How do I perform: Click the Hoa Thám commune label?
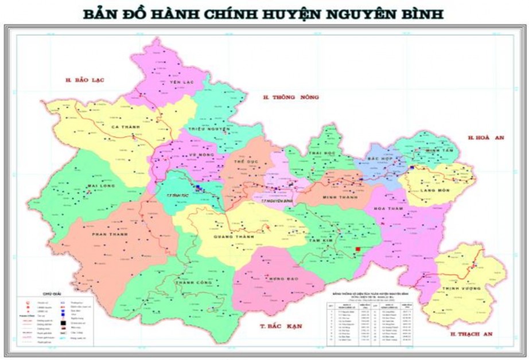point(385,209)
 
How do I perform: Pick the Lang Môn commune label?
point(435,190)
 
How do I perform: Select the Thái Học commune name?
point(321,154)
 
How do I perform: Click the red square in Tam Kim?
point(359,249)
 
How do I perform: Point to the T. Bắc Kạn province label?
point(281,326)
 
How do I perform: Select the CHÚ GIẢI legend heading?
point(43,292)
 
